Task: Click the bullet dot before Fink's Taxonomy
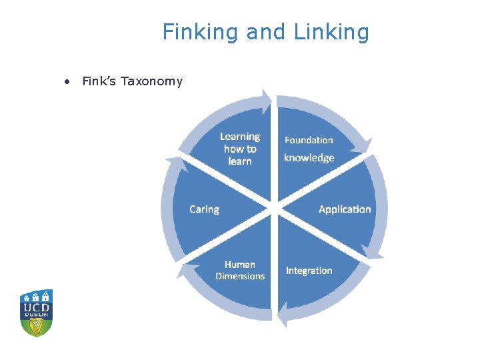[67, 82]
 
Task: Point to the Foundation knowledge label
[309, 149]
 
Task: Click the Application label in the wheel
[345, 209]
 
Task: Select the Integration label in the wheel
[309, 271]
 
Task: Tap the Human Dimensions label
[240, 270]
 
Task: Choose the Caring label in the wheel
[204, 209]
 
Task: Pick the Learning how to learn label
[240, 149]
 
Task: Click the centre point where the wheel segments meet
[274, 209]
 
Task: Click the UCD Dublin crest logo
[37, 313]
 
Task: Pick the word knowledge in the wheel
[309, 158]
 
